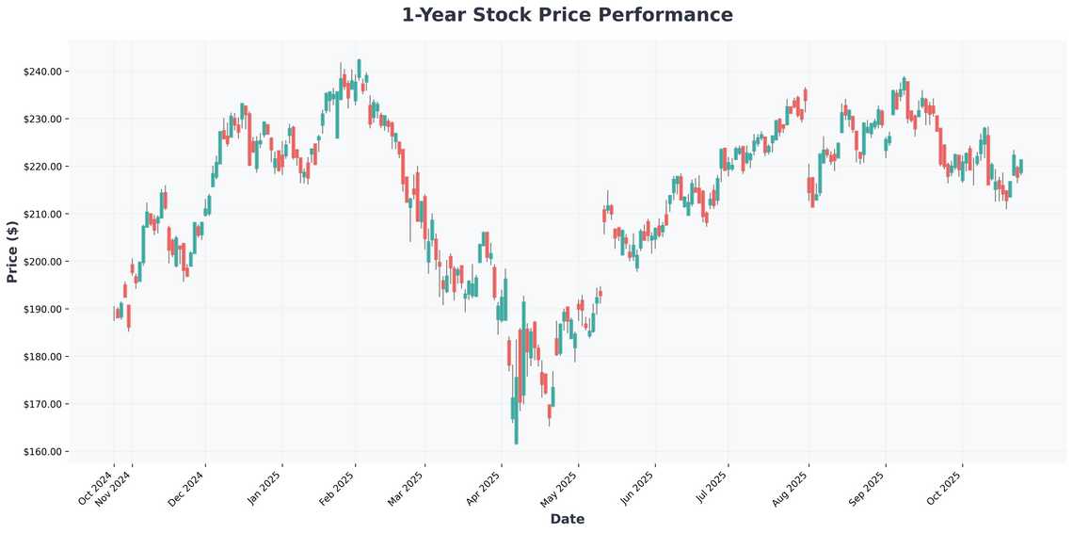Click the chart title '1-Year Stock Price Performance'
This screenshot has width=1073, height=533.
567,15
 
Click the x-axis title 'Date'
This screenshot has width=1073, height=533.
567,519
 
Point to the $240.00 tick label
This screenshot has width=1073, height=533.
42,72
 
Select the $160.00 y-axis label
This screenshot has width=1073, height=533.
42,452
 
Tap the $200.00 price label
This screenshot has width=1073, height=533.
42,262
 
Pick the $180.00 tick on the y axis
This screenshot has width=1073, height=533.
42,357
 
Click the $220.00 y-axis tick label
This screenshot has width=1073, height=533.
42,167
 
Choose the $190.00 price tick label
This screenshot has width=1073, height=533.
42,309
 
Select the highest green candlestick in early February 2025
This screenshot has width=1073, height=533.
359,69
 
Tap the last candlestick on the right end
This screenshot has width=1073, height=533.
1020,167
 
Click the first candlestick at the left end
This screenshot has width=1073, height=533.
116,313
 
